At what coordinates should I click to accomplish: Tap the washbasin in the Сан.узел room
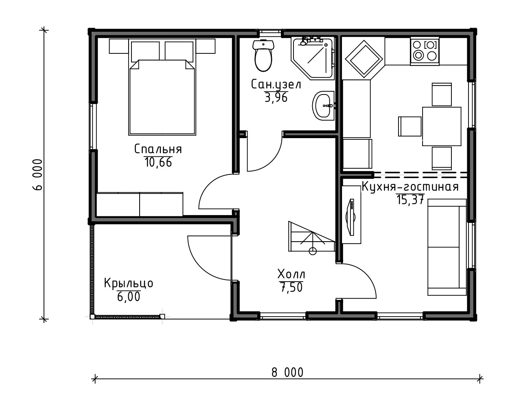(x=323, y=106)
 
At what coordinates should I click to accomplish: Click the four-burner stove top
(x=424, y=51)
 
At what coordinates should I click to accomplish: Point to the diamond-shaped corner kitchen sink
(x=364, y=59)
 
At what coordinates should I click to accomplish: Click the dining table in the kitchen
(x=442, y=126)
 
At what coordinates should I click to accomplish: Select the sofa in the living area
(x=447, y=247)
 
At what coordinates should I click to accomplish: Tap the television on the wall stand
(x=350, y=217)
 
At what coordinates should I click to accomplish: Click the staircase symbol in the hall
(x=311, y=237)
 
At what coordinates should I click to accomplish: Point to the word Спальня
(x=158, y=149)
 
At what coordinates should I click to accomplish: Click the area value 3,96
(x=276, y=97)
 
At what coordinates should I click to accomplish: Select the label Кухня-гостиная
(x=410, y=187)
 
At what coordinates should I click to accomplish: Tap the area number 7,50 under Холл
(x=291, y=287)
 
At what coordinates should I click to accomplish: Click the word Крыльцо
(x=128, y=283)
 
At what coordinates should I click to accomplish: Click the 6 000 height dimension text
(x=37, y=175)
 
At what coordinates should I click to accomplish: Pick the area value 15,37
(x=410, y=199)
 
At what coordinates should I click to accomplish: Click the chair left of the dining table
(x=410, y=126)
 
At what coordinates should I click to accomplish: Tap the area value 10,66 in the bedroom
(x=158, y=162)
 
